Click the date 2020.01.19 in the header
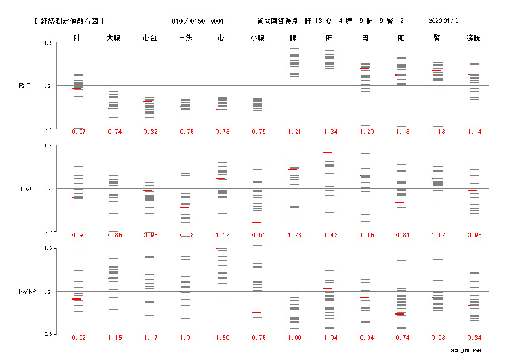(443, 21)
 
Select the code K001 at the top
(216, 21)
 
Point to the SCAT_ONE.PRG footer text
(466, 350)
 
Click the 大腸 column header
(114, 38)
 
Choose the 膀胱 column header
(473, 38)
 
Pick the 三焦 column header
(186, 38)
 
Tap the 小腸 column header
(258, 38)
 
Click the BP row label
(25, 86)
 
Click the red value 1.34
(330, 132)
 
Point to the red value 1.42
(330, 235)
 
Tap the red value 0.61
(258, 235)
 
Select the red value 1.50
(222, 338)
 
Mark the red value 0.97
(78, 132)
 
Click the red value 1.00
(294, 338)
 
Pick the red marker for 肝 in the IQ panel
(328, 153)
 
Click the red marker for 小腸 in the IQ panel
(257, 222)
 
